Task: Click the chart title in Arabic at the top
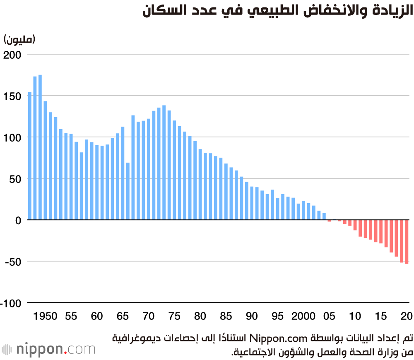click(277, 11)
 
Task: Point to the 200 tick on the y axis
click(12, 55)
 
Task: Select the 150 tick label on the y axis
click(12, 96)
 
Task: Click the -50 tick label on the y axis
click(12, 262)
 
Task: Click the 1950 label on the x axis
click(45, 317)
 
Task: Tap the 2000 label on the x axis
click(303, 317)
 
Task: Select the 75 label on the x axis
click(175, 317)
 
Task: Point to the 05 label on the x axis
click(330, 317)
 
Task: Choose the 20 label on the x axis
click(407, 317)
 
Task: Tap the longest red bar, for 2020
click(407, 242)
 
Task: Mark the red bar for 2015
click(381, 231)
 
